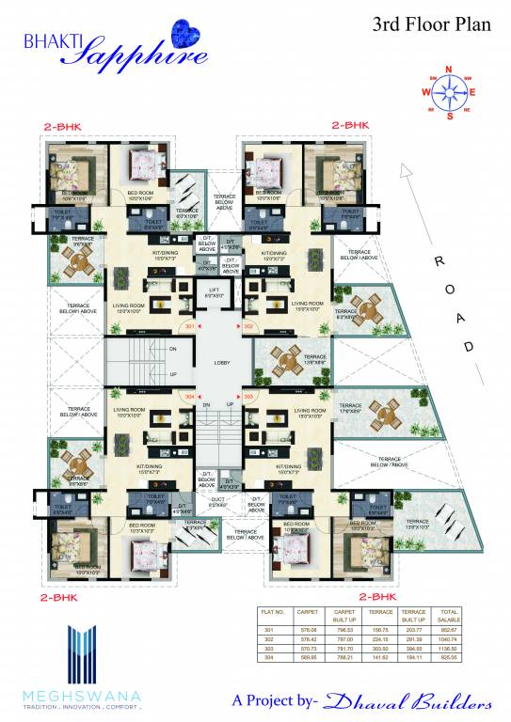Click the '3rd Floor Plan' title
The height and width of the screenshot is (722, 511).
pyautogui.click(x=432, y=25)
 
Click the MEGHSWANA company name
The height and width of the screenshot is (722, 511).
pyautogui.click(x=82, y=695)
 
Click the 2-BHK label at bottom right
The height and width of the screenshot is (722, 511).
pyautogui.click(x=377, y=596)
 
